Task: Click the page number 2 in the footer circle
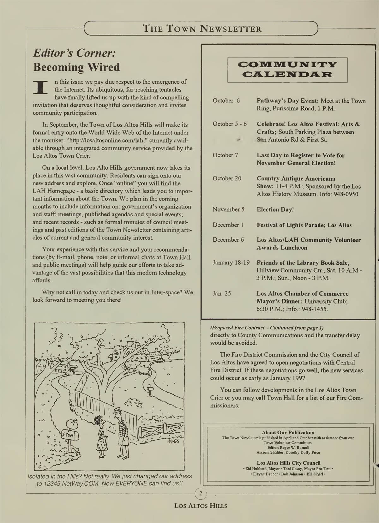(200, 493)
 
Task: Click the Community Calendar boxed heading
(287, 70)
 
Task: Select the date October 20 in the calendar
(227, 178)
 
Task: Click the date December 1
(228, 225)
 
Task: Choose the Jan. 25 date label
(222, 293)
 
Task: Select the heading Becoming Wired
(76, 67)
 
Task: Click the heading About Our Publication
(288, 432)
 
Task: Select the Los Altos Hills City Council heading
(288, 463)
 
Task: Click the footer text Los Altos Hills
(200, 506)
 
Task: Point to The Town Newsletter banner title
(202, 29)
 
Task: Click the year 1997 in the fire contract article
(298, 378)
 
